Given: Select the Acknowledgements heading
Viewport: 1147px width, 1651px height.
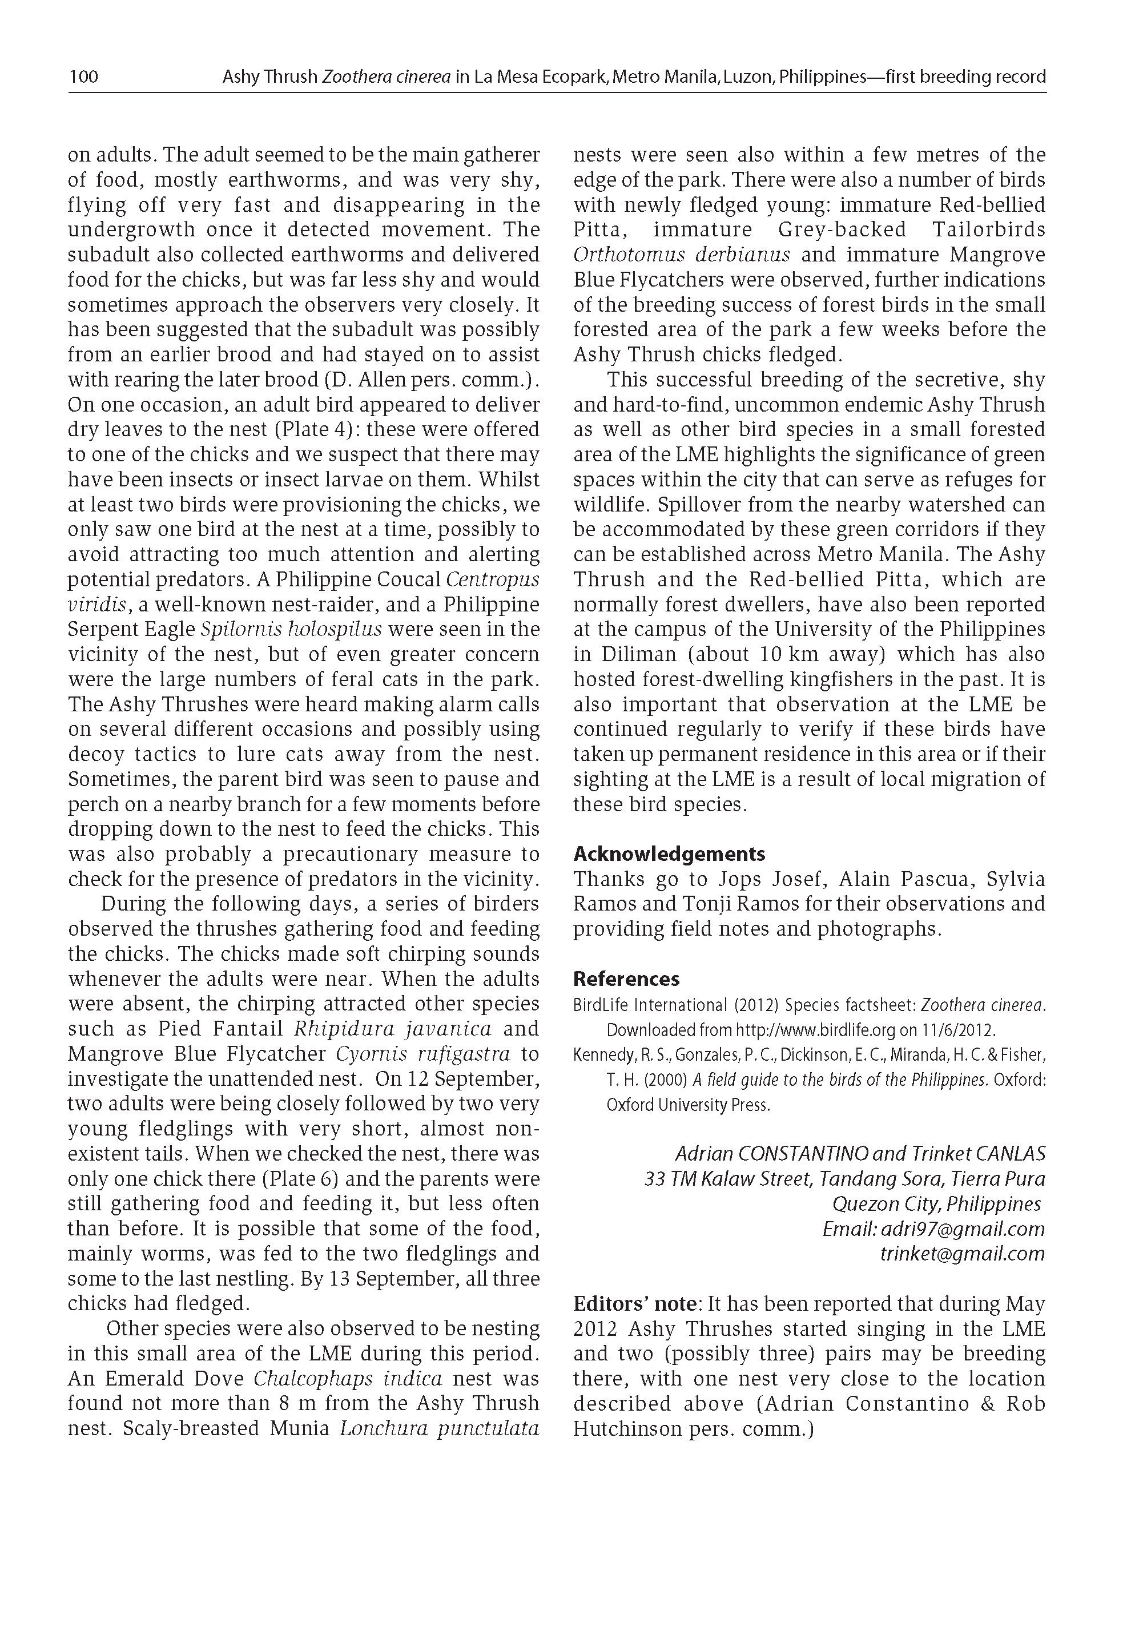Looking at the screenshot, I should (x=669, y=854).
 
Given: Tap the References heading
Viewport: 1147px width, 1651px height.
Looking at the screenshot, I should (x=626, y=979).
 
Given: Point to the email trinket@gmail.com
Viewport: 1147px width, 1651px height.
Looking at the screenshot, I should (x=962, y=1254).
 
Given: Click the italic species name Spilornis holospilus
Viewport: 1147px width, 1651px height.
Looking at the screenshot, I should (x=291, y=629).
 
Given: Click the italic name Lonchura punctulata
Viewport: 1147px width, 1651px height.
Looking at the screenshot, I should (x=439, y=1428).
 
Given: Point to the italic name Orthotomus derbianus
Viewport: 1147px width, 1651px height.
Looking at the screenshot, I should (x=681, y=255).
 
